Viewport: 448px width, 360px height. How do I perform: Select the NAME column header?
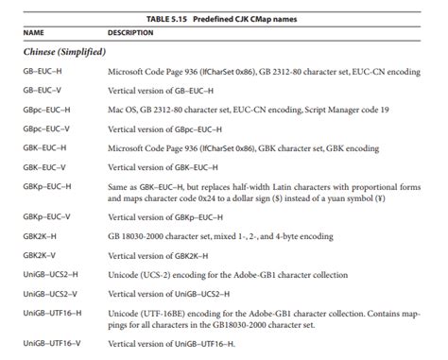click(x=33, y=32)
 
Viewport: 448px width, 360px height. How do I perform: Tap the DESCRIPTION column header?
click(x=129, y=32)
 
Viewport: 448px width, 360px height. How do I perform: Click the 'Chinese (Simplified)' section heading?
click(x=64, y=51)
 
